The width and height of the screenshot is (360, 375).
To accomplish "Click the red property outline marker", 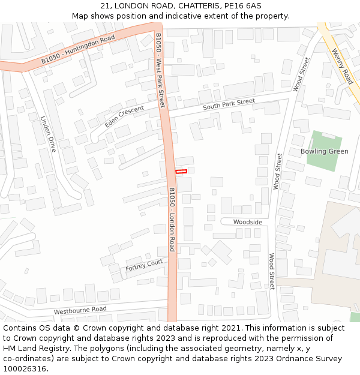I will tap(181, 172).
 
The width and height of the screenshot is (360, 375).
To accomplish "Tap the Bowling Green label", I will tap(324, 151).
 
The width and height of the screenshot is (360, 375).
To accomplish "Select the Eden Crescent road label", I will tap(124, 116).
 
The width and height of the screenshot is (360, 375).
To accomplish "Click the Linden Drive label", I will tap(48, 134).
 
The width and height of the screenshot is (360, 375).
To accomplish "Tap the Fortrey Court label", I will tap(144, 265).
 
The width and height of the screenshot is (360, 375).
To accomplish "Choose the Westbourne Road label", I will tap(80, 310).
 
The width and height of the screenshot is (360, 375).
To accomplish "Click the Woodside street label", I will tap(248, 222).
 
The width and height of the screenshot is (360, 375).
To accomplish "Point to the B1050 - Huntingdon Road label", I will tap(77, 52).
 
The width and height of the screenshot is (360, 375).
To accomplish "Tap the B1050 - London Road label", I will tap(172, 218).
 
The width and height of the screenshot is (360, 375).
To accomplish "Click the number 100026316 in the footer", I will tap(24, 368).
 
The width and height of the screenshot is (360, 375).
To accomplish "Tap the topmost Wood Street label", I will tap(301, 74).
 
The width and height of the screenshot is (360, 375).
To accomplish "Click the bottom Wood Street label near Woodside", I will tap(272, 271).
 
